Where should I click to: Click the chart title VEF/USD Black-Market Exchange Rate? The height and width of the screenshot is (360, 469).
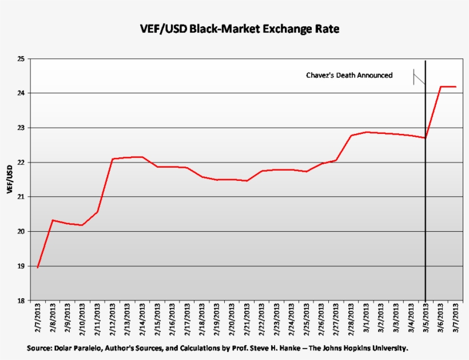point(240,29)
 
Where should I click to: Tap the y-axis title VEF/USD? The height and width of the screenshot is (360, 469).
point(9,179)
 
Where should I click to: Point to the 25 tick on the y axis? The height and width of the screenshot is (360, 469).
point(21,59)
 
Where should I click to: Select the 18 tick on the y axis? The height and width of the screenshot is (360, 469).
point(21,301)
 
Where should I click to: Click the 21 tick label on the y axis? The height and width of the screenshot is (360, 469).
point(21,197)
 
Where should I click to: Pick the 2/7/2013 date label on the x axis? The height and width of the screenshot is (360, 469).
point(38,322)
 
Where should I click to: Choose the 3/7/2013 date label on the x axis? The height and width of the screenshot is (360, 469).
point(456,322)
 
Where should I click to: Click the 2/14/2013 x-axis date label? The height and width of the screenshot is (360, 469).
point(142,322)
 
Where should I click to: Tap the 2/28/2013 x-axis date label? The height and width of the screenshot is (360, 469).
point(351,322)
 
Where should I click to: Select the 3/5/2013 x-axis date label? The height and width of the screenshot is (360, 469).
point(426,322)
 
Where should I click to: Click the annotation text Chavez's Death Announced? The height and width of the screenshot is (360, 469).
point(349,75)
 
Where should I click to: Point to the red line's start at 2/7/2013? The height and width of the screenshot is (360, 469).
point(38,267)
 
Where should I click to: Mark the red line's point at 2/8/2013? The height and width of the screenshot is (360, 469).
point(53,220)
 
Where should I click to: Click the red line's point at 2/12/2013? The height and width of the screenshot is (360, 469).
point(112,159)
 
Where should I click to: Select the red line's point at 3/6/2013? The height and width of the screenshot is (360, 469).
point(441,86)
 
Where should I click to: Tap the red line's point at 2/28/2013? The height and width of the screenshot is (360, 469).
point(351,136)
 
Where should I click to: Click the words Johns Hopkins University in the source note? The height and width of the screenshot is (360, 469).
point(371,348)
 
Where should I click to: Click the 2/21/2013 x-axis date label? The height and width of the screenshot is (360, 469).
point(247,322)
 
